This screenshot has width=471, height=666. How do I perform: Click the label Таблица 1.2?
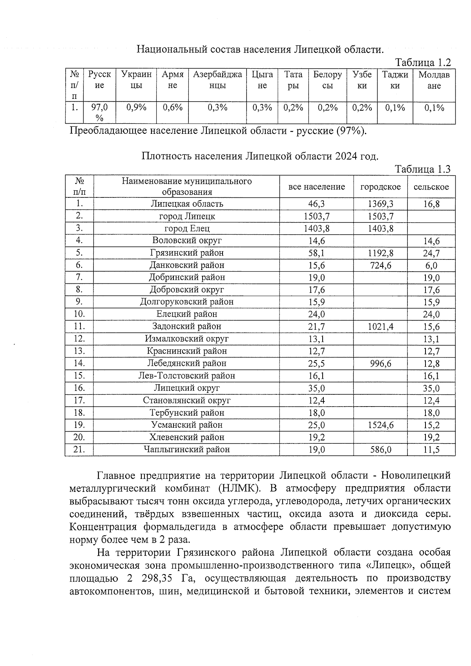tap(423, 62)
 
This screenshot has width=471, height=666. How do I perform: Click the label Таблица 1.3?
tap(423, 169)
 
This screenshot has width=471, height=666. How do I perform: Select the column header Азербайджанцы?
tap(217, 80)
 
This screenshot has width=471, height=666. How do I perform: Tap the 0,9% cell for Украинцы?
tap(136, 108)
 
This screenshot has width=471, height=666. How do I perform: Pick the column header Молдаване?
tap(434, 80)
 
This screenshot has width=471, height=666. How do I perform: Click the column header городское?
tap(380, 187)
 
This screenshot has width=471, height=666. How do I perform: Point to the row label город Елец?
tap(187, 228)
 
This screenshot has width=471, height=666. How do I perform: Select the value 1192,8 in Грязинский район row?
tap(380, 253)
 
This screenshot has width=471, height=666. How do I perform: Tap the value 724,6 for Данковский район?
tap(380, 265)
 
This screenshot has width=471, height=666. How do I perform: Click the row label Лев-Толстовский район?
tap(187, 376)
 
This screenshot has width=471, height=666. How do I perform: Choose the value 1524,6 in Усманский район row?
tap(380, 425)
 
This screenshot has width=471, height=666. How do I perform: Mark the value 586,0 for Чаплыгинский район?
tap(380, 450)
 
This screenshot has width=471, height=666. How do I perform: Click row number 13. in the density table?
tap(79, 351)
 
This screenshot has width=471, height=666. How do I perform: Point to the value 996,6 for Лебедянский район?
tap(380, 364)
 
